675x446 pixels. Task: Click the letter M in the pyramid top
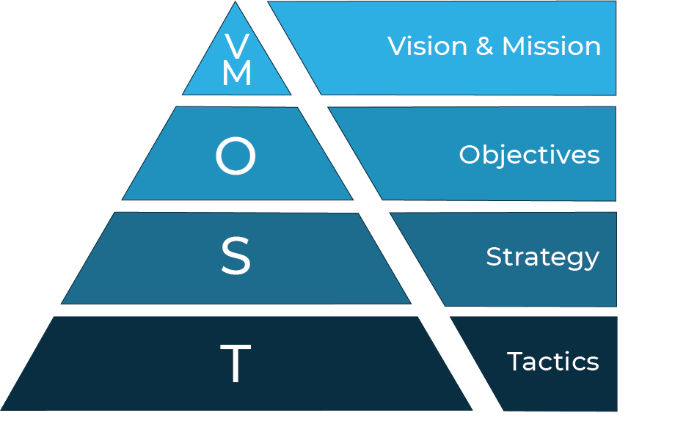point(236,74)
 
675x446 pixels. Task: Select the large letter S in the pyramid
point(236,256)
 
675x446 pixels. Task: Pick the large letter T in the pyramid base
point(236,364)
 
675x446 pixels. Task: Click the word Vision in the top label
point(426,46)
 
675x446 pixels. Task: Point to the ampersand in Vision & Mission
point(484,47)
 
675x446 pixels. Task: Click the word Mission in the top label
point(551,46)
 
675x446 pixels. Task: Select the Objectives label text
point(529,155)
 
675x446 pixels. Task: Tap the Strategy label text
point(542,257)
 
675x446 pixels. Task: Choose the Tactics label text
point(552,362)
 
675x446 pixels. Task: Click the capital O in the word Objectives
point(470,155)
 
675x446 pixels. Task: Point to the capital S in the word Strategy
point(493,257)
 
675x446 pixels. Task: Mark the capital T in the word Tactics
point(515,362)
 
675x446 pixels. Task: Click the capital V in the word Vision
point(398,46)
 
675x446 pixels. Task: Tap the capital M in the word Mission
point(514,46)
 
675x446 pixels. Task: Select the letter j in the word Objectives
point(505,156)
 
